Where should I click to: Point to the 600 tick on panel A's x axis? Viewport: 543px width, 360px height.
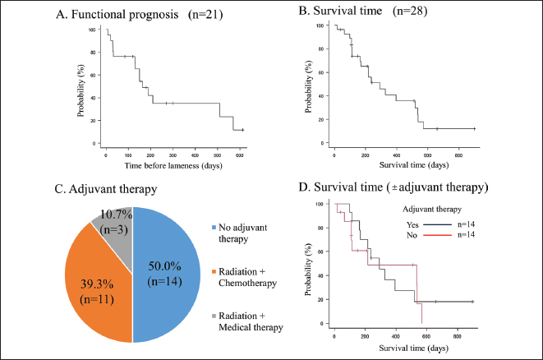(x=240, y=154)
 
